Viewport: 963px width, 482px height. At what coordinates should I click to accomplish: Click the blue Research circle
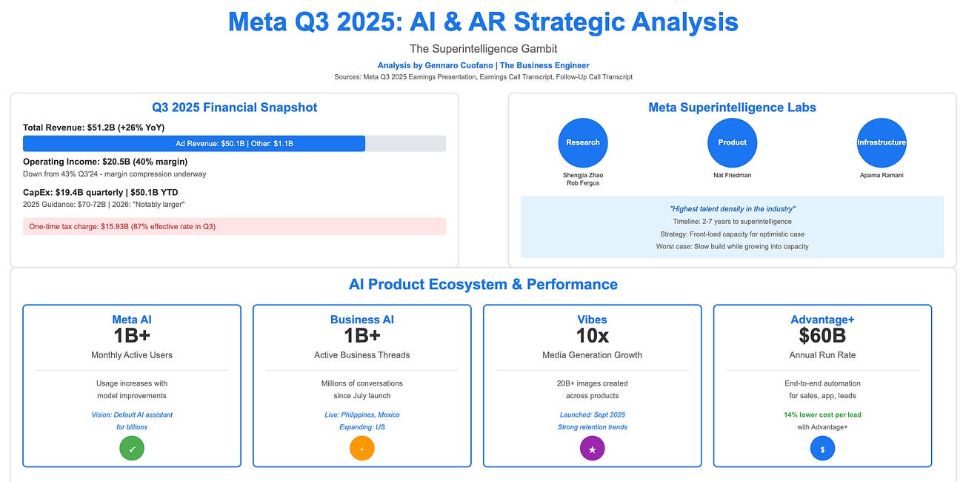click(583, 142)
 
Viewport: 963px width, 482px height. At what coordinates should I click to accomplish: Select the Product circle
click(732, 142)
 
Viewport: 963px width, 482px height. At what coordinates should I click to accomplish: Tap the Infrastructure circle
click(882, 142)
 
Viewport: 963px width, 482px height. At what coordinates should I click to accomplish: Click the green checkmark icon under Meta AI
click(132, 448)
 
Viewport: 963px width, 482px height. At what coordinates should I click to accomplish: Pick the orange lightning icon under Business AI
click(362, 448)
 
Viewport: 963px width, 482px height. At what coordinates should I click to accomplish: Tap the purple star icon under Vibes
click(593, 448)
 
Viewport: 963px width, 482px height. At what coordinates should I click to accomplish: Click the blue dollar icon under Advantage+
click(822, 448)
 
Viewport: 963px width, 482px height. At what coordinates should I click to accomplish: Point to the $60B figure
click(822, 335)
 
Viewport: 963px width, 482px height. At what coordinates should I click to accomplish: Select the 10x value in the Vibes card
click(593, 335)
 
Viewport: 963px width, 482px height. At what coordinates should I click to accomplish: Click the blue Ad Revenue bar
click(194, 144)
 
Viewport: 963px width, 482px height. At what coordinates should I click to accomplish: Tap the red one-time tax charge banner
click(234, 226)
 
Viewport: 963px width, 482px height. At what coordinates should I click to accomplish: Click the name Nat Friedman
click(732, 176)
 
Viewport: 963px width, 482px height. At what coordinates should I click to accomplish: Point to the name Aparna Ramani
click(882, 176)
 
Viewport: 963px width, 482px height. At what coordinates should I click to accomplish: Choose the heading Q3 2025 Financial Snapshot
click(234, 108)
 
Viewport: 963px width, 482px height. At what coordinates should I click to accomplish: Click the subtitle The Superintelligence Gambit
click(483, 49)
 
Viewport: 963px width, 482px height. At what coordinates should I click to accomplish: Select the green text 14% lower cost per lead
click(822, 415)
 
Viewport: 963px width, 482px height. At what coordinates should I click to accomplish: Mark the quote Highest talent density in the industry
click(732, 209)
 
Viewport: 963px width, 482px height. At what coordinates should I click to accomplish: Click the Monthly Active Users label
click(132, 355)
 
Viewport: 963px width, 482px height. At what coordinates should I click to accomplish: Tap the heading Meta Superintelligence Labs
click(732, 108)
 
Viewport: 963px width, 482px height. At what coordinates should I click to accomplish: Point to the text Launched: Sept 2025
click(593, 415)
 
